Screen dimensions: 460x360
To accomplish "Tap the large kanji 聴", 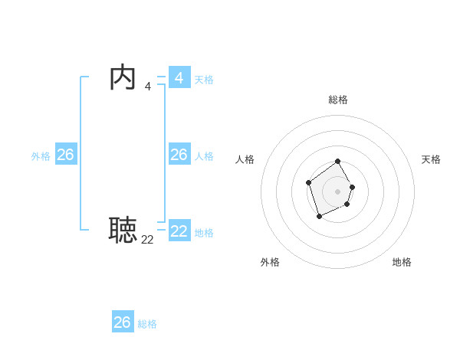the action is click(123, 230).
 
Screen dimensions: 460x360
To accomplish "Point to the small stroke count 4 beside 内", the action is click(148, 87).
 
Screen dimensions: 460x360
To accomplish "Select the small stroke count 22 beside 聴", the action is click(147, 240).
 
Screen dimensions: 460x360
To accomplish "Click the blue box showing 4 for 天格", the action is click(179, 77).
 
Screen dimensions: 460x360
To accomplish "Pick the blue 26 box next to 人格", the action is click(179, 155).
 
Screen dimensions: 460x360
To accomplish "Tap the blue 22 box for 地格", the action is click(179, 231).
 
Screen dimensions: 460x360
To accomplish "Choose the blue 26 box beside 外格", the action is click(65, 155).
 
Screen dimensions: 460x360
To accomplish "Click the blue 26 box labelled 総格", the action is click(123, 322).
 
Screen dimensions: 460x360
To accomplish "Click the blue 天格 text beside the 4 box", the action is click(204, 80).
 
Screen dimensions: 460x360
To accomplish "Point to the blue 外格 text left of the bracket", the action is click(41, 156).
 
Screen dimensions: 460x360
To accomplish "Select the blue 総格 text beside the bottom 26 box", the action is click(147, 324).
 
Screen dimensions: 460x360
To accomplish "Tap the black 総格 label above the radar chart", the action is click(338, 100).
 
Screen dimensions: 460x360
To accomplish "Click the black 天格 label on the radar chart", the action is click(431, 159).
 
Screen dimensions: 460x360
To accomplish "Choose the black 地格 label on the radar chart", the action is click(402, 262).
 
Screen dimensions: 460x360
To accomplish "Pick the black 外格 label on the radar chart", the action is click(270, 262).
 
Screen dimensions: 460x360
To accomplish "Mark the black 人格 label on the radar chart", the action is click(245, 159).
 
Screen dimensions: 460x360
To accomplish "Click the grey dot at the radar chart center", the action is click(338, 191).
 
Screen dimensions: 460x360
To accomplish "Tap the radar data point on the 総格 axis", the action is click(338, 162).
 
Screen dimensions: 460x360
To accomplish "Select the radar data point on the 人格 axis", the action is click(308, 182).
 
